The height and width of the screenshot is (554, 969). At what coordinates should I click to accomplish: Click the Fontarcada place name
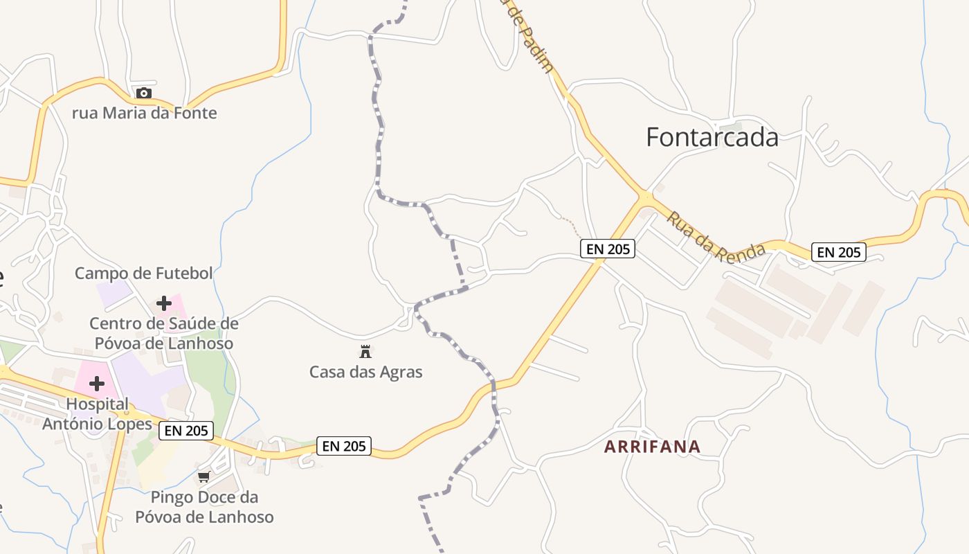(712, 137)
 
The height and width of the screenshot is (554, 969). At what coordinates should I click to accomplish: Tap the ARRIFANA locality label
(652, 447)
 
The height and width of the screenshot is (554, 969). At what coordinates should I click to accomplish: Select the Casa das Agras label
(365, 372)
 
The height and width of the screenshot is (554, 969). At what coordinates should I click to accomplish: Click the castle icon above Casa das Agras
(365, 351)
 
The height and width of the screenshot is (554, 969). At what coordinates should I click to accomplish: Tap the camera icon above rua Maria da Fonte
(143, 93)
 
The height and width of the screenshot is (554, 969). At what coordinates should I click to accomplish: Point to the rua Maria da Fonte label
(144, 113)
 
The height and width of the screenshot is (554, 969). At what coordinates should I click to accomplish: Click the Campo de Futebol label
(143, 274)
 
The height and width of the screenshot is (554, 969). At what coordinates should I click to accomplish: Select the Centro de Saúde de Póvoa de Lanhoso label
(164, 333)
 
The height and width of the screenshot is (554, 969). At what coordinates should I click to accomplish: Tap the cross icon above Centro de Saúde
(164, 303)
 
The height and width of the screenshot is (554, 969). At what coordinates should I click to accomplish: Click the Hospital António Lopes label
(97, 413)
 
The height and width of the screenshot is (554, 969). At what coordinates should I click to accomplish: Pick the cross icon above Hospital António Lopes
(97, 383)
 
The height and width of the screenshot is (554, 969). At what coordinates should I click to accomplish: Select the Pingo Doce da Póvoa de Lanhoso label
(204, 507)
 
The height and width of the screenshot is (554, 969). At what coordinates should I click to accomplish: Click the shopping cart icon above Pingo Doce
(203, 476)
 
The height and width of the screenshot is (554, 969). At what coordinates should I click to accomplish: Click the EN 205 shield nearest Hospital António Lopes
(186, 431)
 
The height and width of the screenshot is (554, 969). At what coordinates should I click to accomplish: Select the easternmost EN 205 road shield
(839, 252)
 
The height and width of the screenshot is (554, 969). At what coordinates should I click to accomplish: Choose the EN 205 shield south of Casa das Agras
(344, 446)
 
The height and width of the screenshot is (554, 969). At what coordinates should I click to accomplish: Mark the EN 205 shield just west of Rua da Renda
(607, 249)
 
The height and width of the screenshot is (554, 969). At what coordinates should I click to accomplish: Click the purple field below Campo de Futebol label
(113, 294)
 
